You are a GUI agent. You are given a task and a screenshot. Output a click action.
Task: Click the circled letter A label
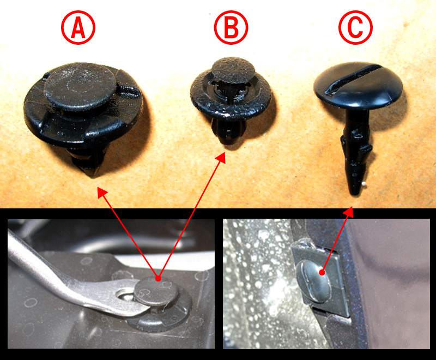(x=78, y=27)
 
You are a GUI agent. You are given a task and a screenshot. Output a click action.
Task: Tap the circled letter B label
(x=231, y=27)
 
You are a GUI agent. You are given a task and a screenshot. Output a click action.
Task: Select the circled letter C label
(x=355, y=27)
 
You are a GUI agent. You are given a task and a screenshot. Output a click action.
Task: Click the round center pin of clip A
(x=80, y=86)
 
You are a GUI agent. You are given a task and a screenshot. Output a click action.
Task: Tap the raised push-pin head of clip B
(x=233, y=70)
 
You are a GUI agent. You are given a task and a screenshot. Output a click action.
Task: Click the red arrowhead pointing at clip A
(x=102, y=192)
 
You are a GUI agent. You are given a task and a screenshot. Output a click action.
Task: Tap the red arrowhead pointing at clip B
(x=221, y=157)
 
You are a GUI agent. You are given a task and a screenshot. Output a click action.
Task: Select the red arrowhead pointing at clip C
(x=348, y=212)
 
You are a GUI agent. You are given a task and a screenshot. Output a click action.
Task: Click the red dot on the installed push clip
(x=158, y=278)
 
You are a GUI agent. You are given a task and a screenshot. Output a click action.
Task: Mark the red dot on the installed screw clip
(x=322, y=272)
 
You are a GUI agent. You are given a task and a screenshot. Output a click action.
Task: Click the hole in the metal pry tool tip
(x=125, y=294)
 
